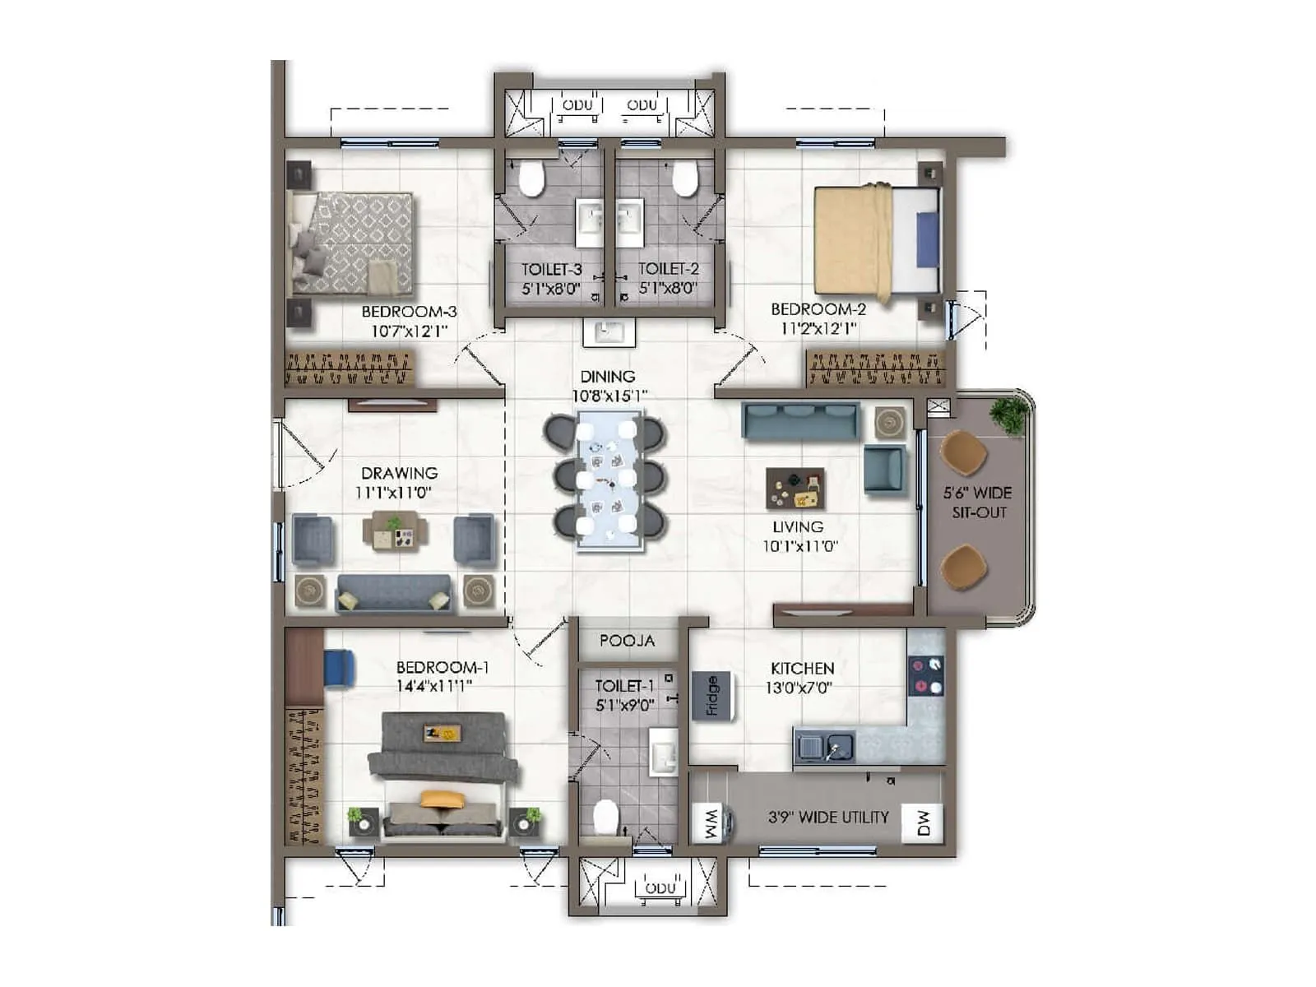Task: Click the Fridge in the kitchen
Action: [x=712, y=695]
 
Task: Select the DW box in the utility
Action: [x=923, y=822]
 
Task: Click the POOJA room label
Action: [x=627, y=641]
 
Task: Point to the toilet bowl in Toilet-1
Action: [x=606, y=817]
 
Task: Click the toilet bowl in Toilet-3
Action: [x=531, y=179]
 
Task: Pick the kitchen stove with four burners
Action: [x=926, y=676]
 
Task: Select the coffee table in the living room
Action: [x=795, y=489]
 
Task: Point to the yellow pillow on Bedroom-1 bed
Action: [x=442, y=798]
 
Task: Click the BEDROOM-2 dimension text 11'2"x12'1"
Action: [x=818, y=329]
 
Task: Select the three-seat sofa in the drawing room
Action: [x=394, y=592]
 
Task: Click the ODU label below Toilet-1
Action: [x=660, y=888]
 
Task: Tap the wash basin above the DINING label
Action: [x=609, y=332]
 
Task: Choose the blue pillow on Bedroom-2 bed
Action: [x=927, y=239]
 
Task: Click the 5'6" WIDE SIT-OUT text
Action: [x=978, y=503]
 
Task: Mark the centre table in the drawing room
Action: [x=395, y=531]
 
